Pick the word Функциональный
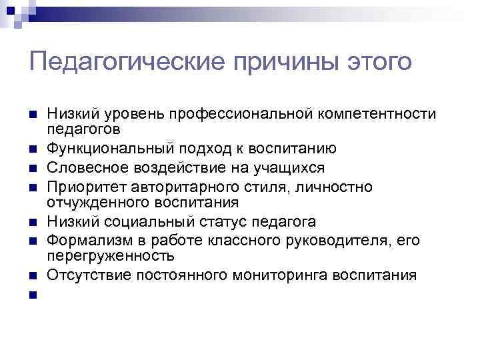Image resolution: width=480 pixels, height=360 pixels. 103,147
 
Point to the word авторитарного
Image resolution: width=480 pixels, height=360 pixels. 182,187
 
